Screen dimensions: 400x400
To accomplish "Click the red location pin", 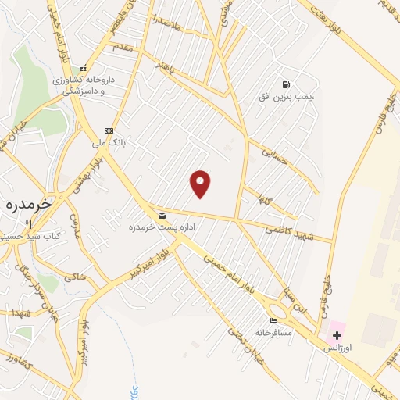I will click(201, 183).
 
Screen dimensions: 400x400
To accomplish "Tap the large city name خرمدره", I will click(27, 203).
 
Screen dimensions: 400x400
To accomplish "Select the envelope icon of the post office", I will click(162, 215).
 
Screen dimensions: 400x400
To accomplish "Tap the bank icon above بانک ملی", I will click(109, 130).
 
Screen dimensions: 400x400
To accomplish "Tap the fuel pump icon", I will click(287, 84).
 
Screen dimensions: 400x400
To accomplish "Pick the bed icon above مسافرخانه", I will click(273, 320).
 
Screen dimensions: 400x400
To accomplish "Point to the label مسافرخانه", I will click(273, 332).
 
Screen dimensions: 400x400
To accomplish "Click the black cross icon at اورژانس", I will click(337, 334).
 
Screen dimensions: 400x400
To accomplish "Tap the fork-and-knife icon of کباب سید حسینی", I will click(28, 223).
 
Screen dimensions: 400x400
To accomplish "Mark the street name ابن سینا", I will click(308, 301).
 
